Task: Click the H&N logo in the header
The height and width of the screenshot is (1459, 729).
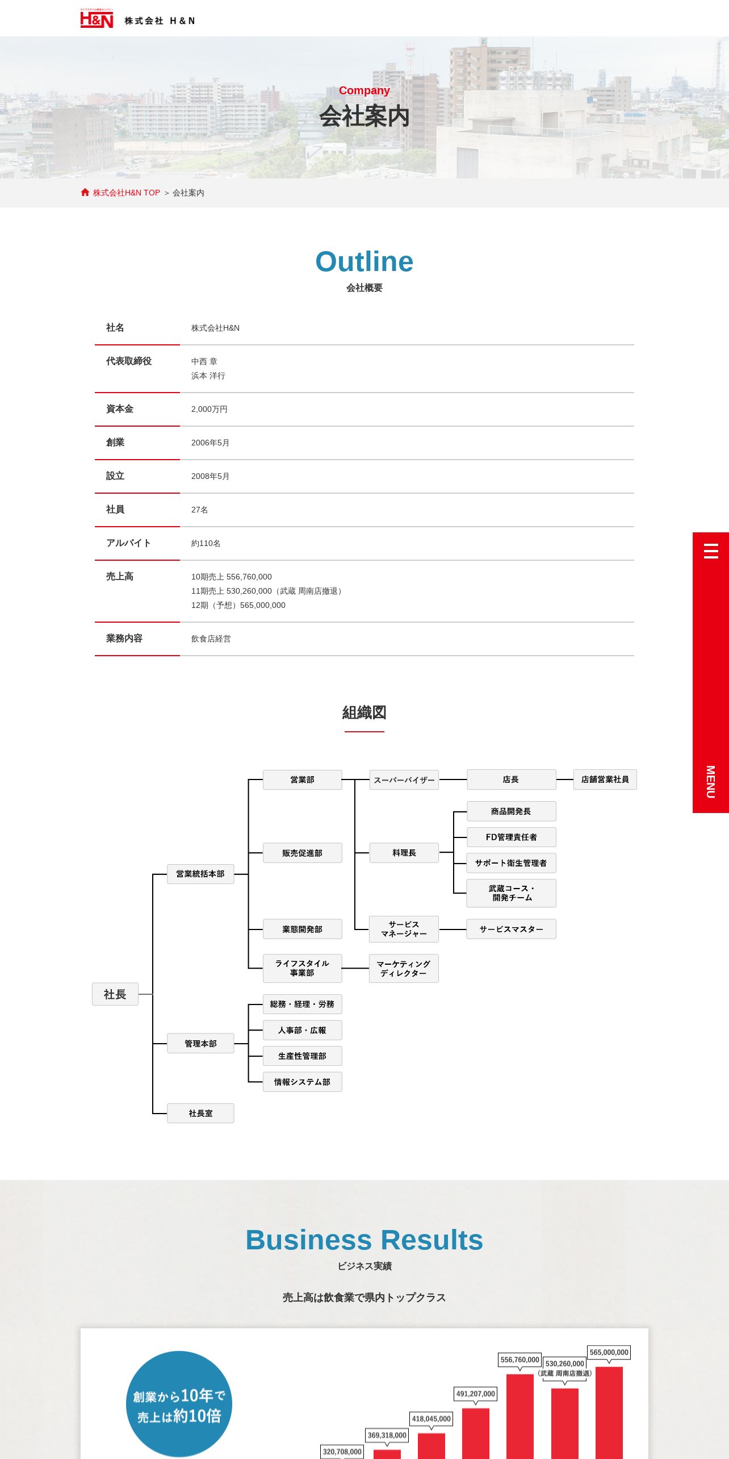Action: tap(97, 19)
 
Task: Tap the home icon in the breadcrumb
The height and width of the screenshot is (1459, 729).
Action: tap(85, 193)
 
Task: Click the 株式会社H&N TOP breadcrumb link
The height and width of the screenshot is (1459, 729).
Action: tap(127, 193)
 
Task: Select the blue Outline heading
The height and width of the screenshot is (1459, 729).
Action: tap(364, 261)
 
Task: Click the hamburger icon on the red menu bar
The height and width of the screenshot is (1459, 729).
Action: tap(711, 551)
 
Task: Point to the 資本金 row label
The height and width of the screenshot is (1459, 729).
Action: tap(120, 409)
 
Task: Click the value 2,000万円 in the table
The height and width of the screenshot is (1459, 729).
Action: tap(210, 409)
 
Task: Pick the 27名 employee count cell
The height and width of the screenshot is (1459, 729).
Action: tap(200, 510)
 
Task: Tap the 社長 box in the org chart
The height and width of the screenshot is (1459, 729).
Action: tap(115, 994)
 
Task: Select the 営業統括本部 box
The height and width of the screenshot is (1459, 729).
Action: tap(200, 874)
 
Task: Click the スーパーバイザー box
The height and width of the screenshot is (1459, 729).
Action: tap(404, 780)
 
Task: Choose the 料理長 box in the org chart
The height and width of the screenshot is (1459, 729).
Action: tap(404, 853)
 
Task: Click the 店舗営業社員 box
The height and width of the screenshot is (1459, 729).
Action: tap(605, 779)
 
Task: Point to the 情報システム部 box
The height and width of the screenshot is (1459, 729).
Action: tap(303, 1082)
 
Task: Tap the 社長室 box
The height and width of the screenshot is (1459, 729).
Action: tap(200, 1113)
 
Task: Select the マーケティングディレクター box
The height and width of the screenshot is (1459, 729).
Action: tap(404, 969)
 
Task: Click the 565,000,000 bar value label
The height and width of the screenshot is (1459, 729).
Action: tap(609, 1352)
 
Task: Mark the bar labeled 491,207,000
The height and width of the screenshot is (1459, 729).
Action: tap(476, 1433)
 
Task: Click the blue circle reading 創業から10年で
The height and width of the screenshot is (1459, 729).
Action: tap(179, 1404)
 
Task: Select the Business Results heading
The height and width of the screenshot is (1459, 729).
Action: tap(364, 1240)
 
